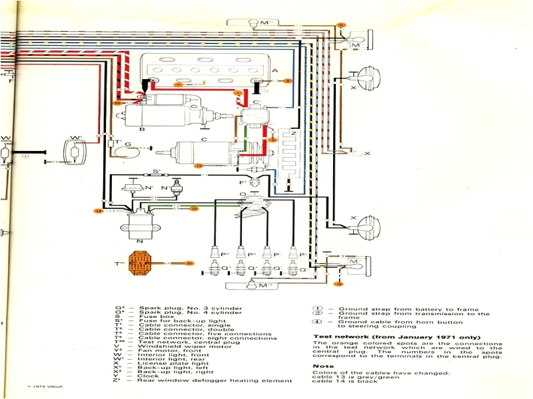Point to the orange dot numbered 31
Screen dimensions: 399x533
click(189, 263)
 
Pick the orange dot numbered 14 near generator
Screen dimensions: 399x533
click(198, 166)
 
